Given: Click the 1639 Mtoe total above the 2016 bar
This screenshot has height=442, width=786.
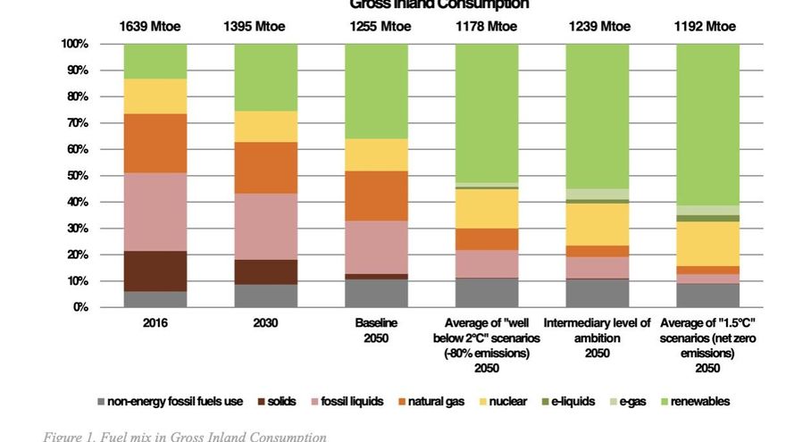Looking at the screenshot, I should [x=150, y=27].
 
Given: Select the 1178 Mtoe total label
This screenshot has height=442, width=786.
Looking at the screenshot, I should [x=487, y=27].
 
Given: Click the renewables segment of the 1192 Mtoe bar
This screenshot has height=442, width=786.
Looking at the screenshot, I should [x=707, y=124].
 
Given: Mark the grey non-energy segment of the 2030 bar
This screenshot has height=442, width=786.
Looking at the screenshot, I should [x=266, y=296].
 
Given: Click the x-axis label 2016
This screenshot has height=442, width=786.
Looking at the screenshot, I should [x=155, y=323].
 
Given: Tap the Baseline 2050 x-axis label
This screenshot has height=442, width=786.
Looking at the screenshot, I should [x=377, y=330].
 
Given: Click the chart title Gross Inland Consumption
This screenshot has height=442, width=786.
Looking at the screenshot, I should [x=439, y=4].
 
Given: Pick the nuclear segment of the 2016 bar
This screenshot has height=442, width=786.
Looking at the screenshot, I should [x=155, y=96].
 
